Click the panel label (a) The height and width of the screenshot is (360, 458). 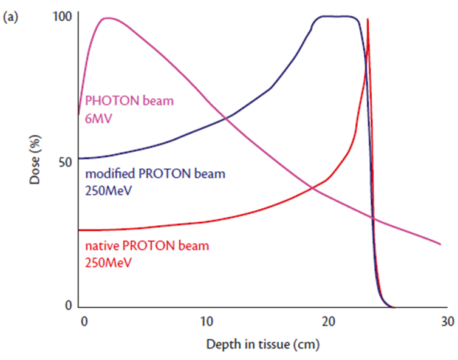(x=11, y=18)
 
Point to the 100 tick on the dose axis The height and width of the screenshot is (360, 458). (x=64, y=16)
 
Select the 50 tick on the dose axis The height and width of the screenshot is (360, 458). (x=67, y=161)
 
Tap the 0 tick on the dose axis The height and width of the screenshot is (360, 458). (x=69, y=305)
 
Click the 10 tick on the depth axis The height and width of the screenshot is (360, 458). (x=206, y=321)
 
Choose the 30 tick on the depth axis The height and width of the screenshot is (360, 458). (x=447, y=321)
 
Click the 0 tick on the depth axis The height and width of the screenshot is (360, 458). (x=84, y=321)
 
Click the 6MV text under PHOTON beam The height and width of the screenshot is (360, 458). (x=96, y=115)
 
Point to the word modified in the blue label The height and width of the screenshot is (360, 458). (x=107, y=174)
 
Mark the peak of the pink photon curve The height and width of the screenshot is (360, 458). (x=108, y=18)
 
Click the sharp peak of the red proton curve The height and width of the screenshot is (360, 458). (x=367, y=19)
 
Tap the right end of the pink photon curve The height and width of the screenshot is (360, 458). (x=440, y=244)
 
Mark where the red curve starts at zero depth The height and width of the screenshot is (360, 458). (x=80, y=230)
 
